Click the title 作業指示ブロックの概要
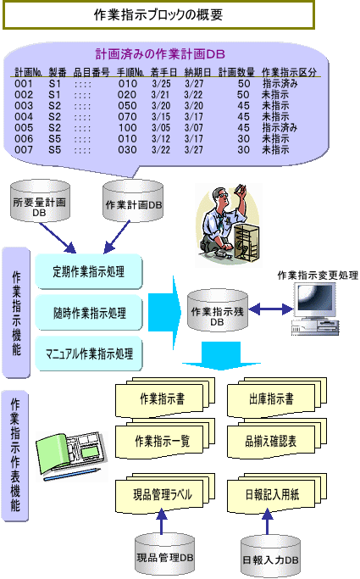click(x=158, y=14)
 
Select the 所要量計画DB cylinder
click(x=40, y=201)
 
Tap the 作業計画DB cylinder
click(x=133, y=201)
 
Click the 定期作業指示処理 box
click(x=89, y=272)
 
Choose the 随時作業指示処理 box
click(x=89, y=313)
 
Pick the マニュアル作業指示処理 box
click(x=89, y=354)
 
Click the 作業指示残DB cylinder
click(x=218, y=310)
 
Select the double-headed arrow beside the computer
click(x=271, y=309)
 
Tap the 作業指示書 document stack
click(x=165, y=398)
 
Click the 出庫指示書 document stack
click(x=277, y=398)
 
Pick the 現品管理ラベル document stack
click(x=165, y=494)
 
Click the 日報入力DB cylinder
click(x=270, y=557)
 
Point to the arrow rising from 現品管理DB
click(x=161, y=521)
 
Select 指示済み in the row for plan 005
click(x=280, y=128)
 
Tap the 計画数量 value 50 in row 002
click(x=243, y=95)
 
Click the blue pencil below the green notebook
click(x=72, y=474)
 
